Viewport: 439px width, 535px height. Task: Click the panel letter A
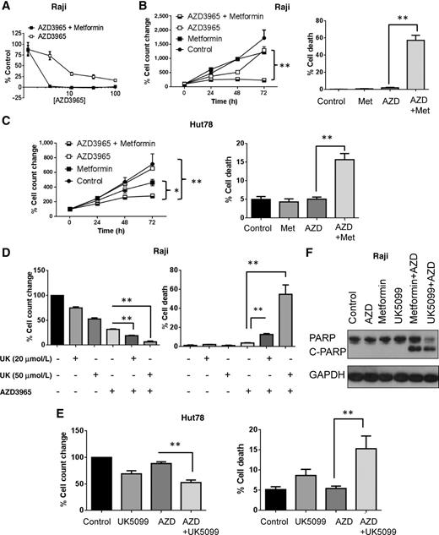pyautogui.click(x=6, y=7)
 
